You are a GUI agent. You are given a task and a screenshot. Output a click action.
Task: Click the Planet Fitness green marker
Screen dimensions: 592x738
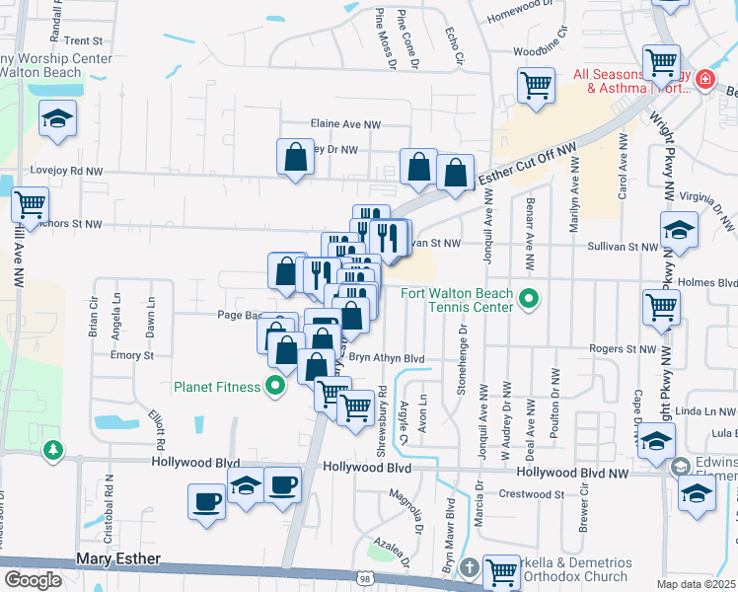pyautogui.click(x=276, y=386)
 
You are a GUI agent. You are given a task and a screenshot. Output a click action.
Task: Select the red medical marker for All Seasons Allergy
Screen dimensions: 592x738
pyautogui.click(x=705, y=80)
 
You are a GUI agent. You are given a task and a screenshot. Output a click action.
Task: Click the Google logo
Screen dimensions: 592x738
pyautogui.click(x=33, y=580)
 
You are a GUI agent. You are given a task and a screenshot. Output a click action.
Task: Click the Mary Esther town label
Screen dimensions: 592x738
pyautogui.click(x=118, y=559)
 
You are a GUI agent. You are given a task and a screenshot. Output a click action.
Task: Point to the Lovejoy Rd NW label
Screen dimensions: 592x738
pyautogui.click(x=66, y=171)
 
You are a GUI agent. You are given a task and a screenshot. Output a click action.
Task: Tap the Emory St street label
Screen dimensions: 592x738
pyautogui.click(x=132, y=355)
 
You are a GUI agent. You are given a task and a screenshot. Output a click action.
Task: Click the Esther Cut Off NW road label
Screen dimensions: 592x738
pyautogui.click(x=526, y=166)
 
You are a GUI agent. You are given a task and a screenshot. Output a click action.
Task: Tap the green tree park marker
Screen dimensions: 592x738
pyautogui.click(x=52, y=451)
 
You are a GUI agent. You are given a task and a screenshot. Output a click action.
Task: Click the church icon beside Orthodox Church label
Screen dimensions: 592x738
pyautogui.click(x=470, y=568)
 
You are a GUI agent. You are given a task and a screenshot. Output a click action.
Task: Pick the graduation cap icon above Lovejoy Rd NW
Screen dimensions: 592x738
pyautogui.click(x=58, y=118)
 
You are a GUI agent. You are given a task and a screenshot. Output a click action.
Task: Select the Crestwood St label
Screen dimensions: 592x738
pyautogui.click(x=530, y=494)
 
